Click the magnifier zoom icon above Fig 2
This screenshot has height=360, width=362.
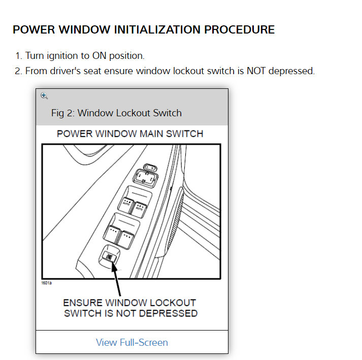[44, 95]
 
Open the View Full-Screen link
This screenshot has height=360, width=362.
[131, 342]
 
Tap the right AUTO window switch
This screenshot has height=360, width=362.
[139, 207]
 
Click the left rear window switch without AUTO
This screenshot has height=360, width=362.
[111, 232]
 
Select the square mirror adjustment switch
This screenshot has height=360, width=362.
[144, 178]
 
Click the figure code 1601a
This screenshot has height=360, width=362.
[46, 282]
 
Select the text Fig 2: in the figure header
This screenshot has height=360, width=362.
[63, 113]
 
